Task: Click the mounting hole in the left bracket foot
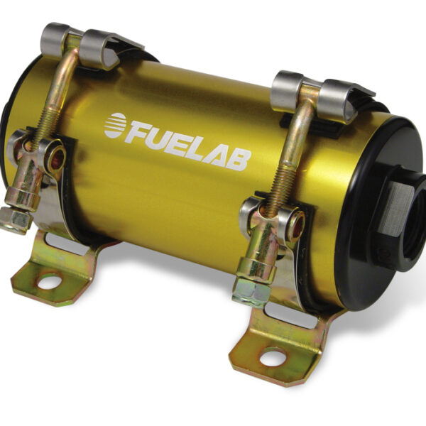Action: pos(48,282)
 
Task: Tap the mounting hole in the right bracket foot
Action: pos(273,356)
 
